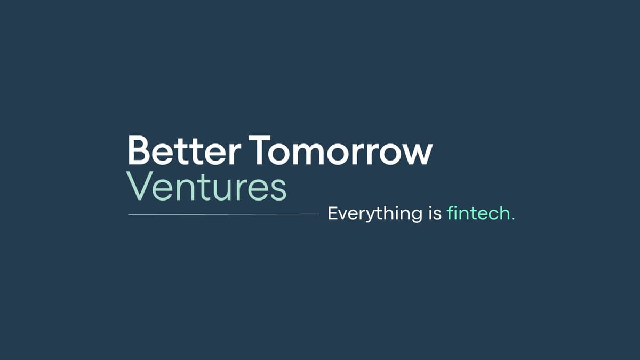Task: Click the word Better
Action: tap(185, 150)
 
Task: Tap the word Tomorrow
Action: tap(340, 150)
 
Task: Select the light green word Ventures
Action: tap(206, 186)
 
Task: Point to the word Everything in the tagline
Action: tap(375, 214)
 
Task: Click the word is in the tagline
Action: tap(435, 213)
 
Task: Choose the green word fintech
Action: tap(478, 213)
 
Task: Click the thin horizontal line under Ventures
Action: tap(224, 214)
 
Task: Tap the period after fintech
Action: tap(513, 218)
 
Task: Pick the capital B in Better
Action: tap(139, 150)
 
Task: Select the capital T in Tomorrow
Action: tap(259, 150)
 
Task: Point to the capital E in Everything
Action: tap(333, 213)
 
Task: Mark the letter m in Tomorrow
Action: tap(309, 154)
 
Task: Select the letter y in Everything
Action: tap(369, 217)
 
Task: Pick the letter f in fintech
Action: tap(451, 213)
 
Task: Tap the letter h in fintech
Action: tap(503, 213)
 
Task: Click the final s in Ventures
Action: tap(278, 190)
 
